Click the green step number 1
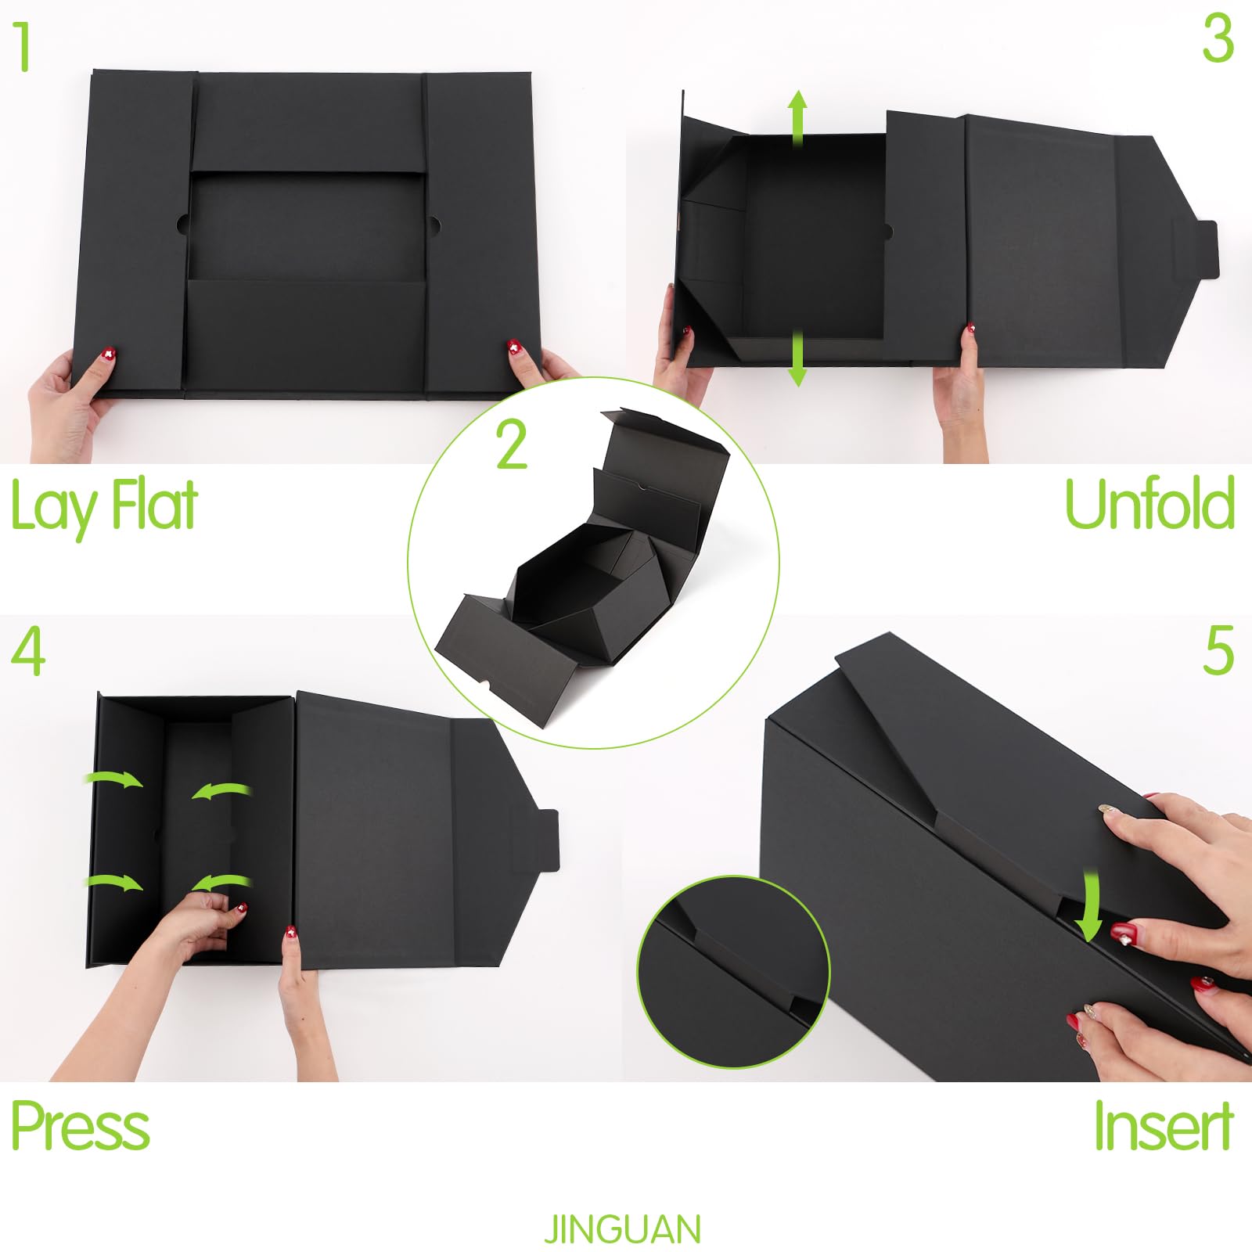click(x=23, y=47)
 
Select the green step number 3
click(x=1218, y=39)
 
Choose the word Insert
click(x=1164, y=1126)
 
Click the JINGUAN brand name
click(x=623, y=1229)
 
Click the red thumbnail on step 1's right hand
click(x=514, y=347)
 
